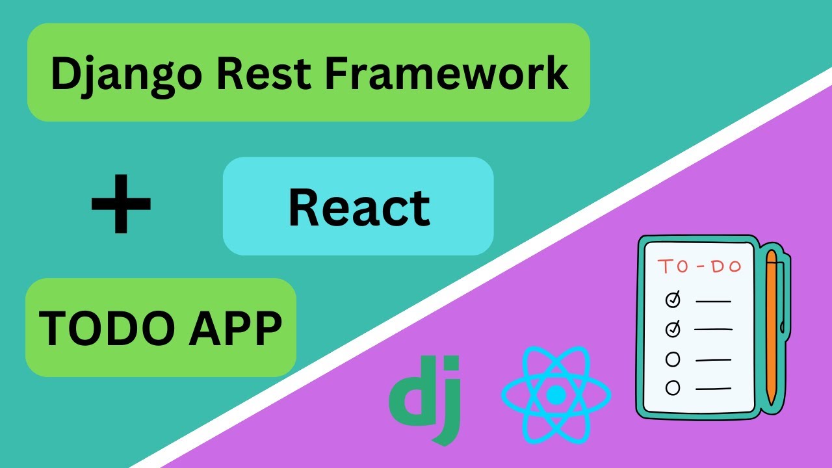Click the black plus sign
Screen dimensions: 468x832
(x=121, y=204)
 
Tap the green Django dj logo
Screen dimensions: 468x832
(x=426, y=396)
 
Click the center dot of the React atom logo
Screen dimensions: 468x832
(x=556, y=395)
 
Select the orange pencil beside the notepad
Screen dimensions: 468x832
(x=772, y=325)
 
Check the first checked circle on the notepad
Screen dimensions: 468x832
(x=673, y=300)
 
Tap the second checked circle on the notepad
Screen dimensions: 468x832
(x=673, y=330)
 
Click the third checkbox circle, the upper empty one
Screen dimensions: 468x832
(x=673, y=359)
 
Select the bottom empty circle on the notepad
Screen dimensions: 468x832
(x=673, y=388)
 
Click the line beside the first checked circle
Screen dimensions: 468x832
(x=713, y=301)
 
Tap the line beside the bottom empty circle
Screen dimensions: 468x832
(x=713, y=389)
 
